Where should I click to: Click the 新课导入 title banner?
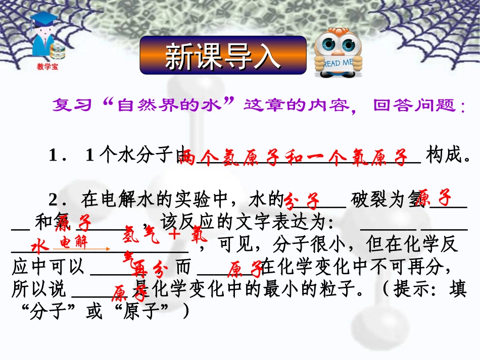(x=223, y=56)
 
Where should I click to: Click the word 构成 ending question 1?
(x=445, y=156)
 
